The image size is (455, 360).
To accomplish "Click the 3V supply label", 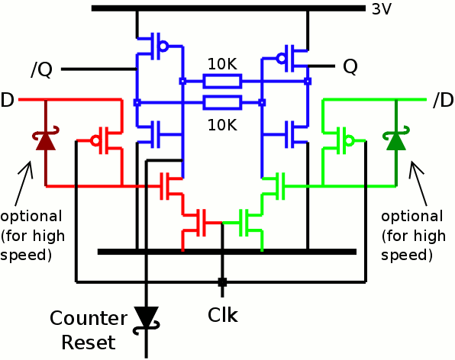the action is (382, 9).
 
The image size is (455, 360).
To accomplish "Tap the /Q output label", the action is (42, 70).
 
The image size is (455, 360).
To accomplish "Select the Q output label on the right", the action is (350, 67).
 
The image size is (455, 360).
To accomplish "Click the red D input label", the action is (8, 100).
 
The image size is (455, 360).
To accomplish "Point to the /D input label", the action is (443, 100).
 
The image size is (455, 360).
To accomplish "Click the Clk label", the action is (223, 315).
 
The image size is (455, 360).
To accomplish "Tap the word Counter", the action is (89, 318).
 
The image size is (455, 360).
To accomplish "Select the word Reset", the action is (89, 342).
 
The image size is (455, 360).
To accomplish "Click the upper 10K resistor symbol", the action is (222, 81).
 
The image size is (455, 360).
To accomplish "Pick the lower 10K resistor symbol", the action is (222, 102).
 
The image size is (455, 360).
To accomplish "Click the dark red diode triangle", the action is (46, 142).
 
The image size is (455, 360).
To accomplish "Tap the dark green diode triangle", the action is (396, 142).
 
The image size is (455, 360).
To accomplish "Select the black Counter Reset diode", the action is (146, 318).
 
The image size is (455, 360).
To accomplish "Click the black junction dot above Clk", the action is (222, 281).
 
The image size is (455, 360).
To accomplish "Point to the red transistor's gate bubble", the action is (95, 141).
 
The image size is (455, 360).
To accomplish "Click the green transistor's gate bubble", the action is (349, 141).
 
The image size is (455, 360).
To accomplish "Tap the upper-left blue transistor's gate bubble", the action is (163, 46).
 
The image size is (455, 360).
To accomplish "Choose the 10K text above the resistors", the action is (223, 64).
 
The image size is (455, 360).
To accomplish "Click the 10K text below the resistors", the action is (223, 125).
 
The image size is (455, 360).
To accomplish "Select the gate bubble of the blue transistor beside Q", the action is (281, 58).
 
